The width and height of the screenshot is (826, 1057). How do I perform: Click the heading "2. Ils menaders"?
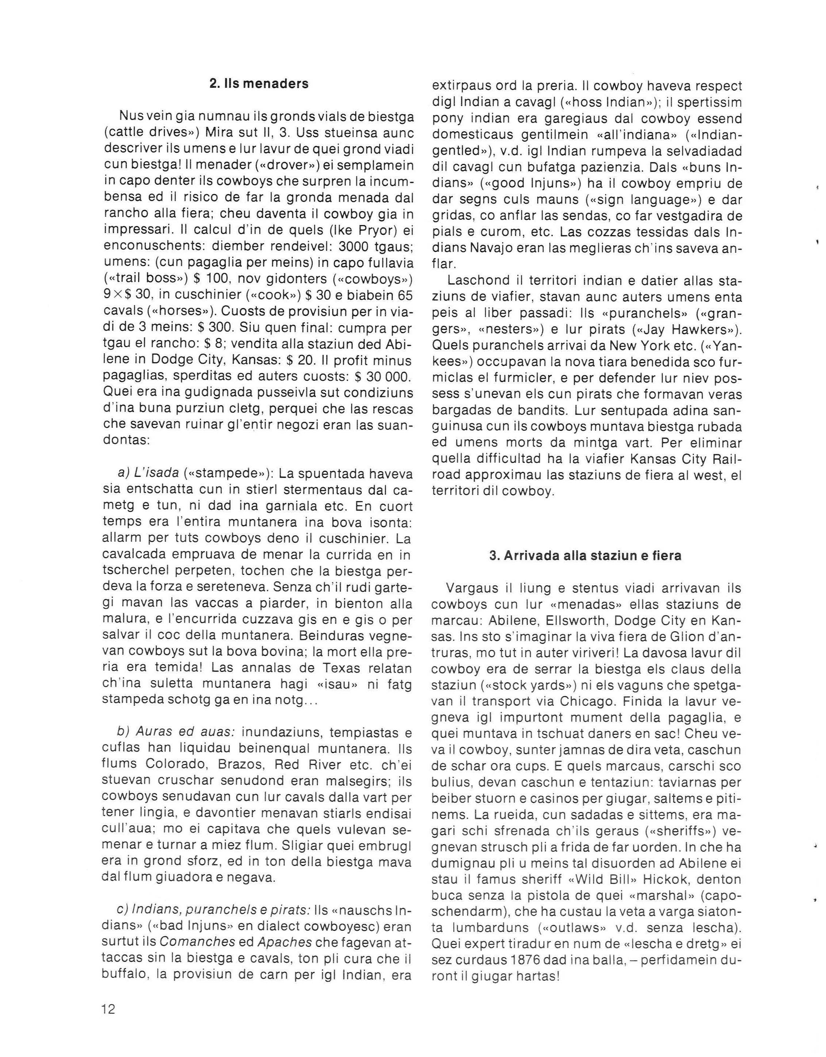259,84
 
